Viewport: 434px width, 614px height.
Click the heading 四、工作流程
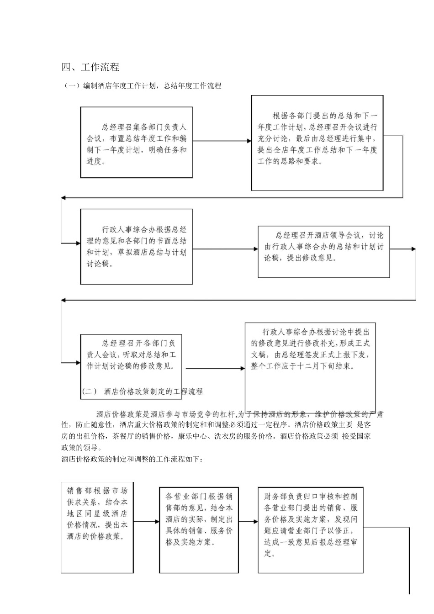[x=90, y=67]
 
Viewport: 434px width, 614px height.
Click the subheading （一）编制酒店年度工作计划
[x=142, y=85]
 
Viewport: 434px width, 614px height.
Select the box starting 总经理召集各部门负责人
[x=136, y=143]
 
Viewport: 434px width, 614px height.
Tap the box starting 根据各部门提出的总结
[x=317, y=143]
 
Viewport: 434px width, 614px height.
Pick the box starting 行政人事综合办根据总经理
[x=136, y=246]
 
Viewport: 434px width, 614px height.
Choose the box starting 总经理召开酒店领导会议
[x=323, y=251]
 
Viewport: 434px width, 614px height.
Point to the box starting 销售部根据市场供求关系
[x=97, y=526]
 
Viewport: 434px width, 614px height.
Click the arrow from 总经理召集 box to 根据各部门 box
[x=222, y=141]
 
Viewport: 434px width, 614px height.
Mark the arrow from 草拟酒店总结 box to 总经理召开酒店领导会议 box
[x=225, y=249]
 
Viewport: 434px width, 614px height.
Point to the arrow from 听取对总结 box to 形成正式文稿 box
[x=215, y=368]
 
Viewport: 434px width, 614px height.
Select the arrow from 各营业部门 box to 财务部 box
[x=248, y=521]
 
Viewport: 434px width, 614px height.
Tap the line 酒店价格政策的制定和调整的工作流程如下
[x=132, y=459]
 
